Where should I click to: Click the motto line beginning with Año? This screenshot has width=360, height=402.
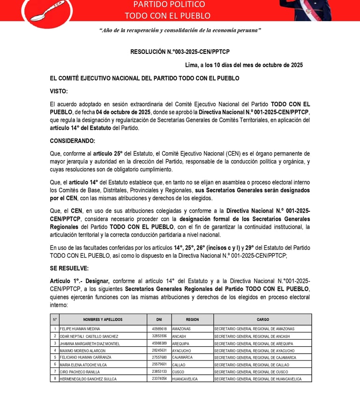click(180, 30)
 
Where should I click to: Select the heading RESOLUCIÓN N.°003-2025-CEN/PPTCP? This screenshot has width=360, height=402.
click(180, 52)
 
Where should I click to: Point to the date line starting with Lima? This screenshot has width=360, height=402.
click(244, 65)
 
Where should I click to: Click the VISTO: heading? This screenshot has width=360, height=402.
click(59, 91)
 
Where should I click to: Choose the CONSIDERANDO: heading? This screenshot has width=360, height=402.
click(73, 141)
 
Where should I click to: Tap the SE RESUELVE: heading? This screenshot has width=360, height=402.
click(69, 268)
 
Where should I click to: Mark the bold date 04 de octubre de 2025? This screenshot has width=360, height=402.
click(123, 112)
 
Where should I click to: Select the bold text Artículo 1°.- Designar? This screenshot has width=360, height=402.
click(80, 281)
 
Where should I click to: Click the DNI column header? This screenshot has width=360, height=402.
click(159, 320)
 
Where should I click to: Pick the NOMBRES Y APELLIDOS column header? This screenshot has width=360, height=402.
click(103, 320)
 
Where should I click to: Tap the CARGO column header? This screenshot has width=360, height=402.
click(262, 320)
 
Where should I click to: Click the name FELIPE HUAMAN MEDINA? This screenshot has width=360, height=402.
click(80, 329)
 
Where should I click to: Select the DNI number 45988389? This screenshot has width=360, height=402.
click(159, 343)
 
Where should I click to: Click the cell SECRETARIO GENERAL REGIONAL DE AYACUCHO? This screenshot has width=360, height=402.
click(255, 350)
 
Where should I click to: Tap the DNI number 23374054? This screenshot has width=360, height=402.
click(159, 379)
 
